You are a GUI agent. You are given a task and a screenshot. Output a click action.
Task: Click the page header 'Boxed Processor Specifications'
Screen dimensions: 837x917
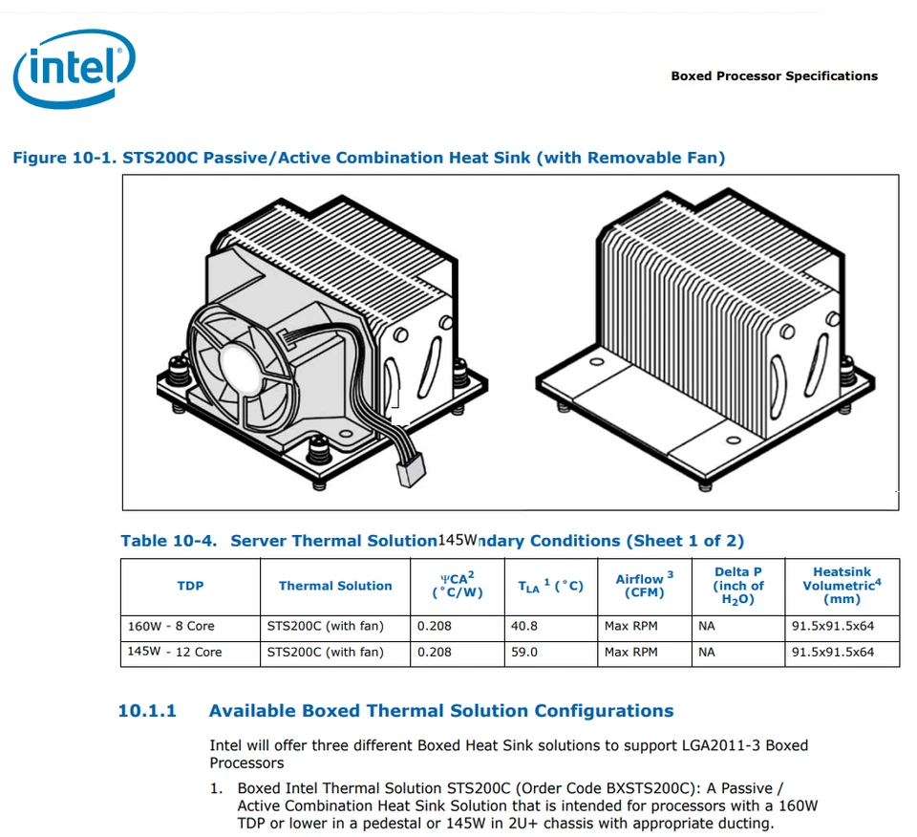pyautogui.click(x=774, y=76)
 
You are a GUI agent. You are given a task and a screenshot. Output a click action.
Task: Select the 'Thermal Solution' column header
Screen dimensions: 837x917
pyautogui.click(x=335, y=586)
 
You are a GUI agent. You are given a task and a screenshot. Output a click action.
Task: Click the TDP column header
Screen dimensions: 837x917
pyautogui.click(x=190, y=586)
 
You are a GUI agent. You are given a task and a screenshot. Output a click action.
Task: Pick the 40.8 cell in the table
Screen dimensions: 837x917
pyautogui.click(x=525, y=627)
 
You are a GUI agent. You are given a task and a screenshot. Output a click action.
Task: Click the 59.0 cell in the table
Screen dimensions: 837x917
pyautogui.click(x=525, y=653)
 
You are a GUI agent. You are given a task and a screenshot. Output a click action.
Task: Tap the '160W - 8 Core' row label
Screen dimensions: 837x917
pyautogui.click(x=171, y=627)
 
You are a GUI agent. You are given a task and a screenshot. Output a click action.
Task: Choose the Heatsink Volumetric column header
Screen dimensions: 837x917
pyautogui.click(x=842, y=585)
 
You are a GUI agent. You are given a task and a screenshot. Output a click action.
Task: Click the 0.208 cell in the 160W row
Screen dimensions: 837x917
pyautogui.click(x=434, y=627)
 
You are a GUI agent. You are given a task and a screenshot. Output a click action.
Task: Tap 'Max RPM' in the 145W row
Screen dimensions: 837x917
pyautogui.click(x=630, y=653)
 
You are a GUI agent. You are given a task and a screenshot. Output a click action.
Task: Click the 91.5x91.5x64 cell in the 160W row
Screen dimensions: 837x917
pyautogui.click(x=832, y=627)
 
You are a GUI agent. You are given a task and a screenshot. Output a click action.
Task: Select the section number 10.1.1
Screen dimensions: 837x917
pyautogui.click(x=147, y=711)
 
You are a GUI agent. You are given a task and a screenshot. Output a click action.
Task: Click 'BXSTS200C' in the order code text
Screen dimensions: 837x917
pyautogui.click(x=647, y=789)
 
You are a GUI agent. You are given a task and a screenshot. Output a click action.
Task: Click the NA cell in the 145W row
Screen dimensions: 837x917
pyautogui.click(x=706, y=653)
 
